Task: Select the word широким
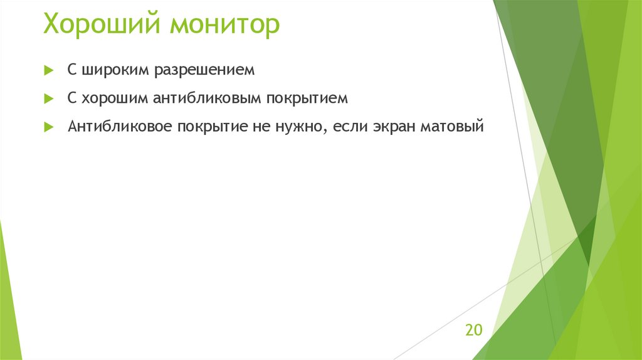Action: tap(112, 71)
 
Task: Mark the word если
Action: tap(349, 127)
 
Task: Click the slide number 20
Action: tap(473, 330)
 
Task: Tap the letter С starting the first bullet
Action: tap(72, 71)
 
